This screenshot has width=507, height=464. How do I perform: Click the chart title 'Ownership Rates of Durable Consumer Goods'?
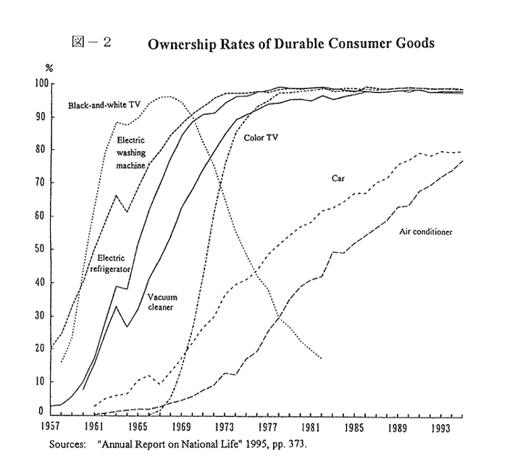[290, 43]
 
